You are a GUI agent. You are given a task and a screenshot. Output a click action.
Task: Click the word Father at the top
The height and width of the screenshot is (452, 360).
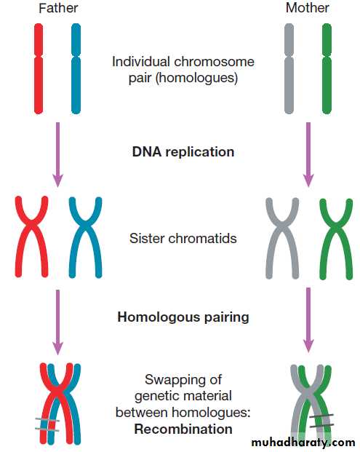pyautogui.click(x=58, y=8)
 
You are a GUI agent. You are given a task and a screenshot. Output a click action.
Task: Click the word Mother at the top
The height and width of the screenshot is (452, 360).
pyautogui.click(x=308, y=8)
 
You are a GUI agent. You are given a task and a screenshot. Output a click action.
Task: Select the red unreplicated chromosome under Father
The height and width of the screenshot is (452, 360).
pyautogui.click(x=39, y=68)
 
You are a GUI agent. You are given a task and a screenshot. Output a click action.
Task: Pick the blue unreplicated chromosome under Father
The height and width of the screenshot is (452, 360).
pyautogui.click(x=76, y=68)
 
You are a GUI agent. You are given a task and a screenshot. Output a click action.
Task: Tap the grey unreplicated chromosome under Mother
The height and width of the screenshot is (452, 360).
pyautogui.click(x=289, y=68)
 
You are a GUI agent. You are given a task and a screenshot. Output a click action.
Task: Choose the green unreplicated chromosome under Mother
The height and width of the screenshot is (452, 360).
pyautogui.click(x=327, y=68)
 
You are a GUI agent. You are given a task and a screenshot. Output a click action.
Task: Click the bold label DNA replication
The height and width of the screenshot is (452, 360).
pyautogui.click(x=183, y=152)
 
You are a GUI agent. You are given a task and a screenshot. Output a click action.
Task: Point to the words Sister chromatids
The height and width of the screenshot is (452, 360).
pyautogui.click(x=183, y=239)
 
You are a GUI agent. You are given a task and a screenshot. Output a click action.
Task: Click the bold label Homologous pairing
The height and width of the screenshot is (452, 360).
pyautogui.click(x=183, y=317)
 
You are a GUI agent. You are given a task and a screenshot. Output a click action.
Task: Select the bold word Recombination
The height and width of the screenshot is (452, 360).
pyautogui.click(x=183, y=429)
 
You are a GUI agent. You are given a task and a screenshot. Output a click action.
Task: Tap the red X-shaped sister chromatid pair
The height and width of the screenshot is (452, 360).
pyautogui.click(x=32, y=225)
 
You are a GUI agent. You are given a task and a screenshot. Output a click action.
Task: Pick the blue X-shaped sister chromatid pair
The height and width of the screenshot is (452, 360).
pyautogui.click(x=85, y=225)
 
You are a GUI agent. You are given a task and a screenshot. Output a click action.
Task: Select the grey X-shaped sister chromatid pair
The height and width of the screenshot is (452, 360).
pyautogui.click(x=282, y=226)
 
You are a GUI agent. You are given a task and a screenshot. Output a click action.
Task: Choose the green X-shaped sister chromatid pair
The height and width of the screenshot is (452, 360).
pyautogui.click(x=336, y=226)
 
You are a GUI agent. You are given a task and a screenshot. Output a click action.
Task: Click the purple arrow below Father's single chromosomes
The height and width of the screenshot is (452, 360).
pyautogui.click(x=58, y=155)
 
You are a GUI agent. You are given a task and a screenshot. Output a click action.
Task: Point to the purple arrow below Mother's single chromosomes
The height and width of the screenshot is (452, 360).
pyautogui.click(x=308, y=155)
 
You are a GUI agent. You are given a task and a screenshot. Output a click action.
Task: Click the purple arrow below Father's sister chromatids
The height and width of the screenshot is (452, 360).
pyautogui.click(x=58, y=322)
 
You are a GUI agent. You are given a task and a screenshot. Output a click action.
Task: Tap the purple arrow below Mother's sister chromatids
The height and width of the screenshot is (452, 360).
pyautogui.click(x=308, y=320)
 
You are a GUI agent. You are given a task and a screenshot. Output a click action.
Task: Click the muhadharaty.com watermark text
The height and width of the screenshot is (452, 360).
pyautogui.click(x=303, y=443)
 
